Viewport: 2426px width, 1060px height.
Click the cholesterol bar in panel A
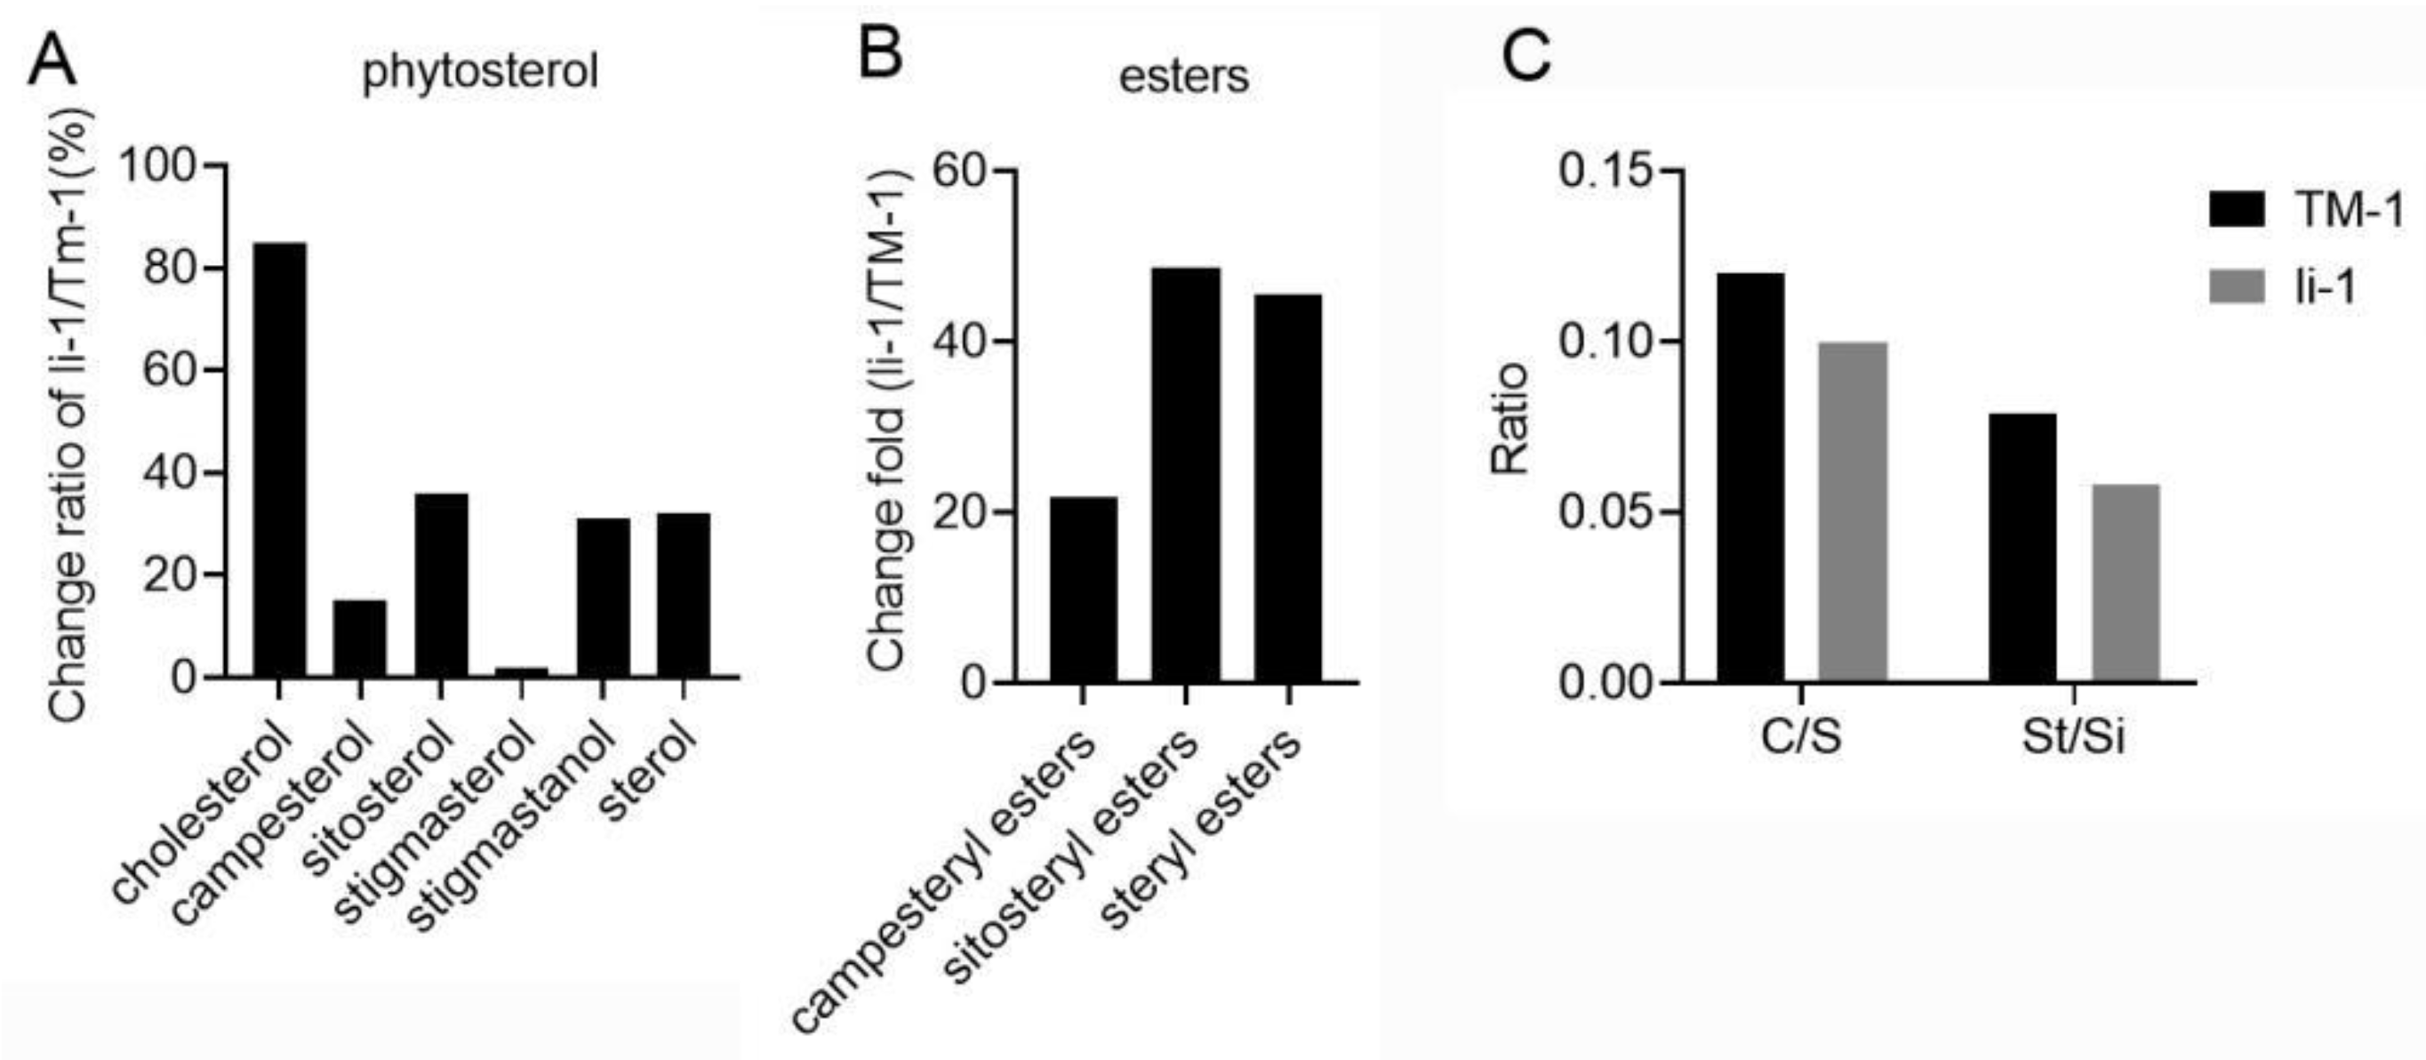pyautogui.click(x=279, y=460)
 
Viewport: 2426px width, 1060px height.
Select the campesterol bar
pyautogui.click(x=360, y=638)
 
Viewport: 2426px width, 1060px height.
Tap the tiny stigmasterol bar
pyautogui.click(x=521, y=671)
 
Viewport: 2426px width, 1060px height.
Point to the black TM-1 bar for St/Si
pyautogui.click(x=2023, y=547)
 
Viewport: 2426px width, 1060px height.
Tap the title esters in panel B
pyautogui.click(x=1184, y=76)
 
